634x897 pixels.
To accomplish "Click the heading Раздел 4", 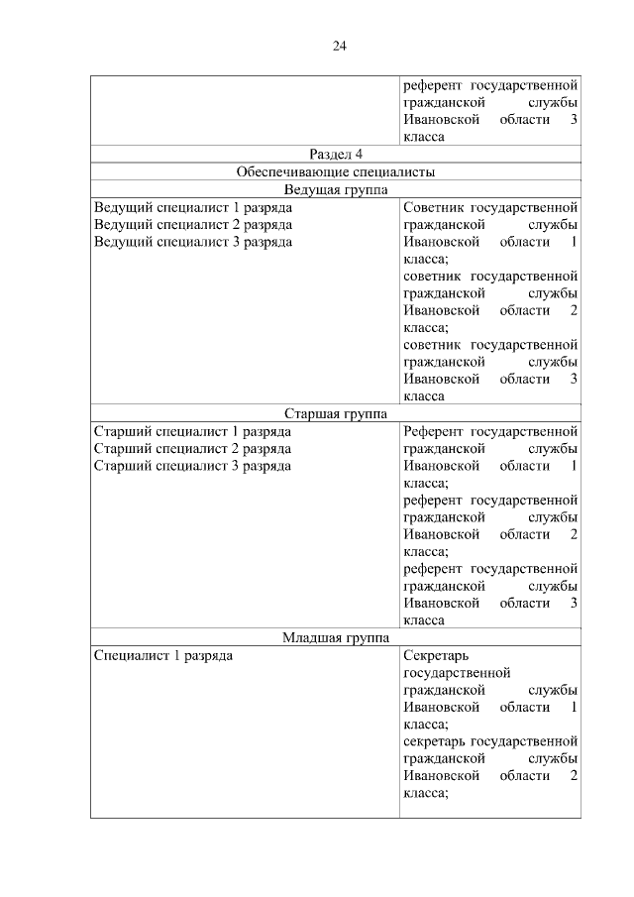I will click(336, 154).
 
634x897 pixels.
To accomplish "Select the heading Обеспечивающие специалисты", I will click(336, 171).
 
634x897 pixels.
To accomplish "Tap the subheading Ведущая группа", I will click(336, 189).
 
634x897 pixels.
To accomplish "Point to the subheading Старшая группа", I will click(336, 414).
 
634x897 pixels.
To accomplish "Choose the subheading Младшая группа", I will click(336, 637).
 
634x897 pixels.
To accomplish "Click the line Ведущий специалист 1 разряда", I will click(192, 208).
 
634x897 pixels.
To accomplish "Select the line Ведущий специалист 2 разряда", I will click(192, 225).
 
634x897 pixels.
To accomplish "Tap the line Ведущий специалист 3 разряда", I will click(192, 242).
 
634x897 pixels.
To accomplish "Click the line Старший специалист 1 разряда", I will click(192, 432).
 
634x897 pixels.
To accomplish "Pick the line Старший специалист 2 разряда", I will click(192, 449).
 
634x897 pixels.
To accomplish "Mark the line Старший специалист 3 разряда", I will click(192, 466).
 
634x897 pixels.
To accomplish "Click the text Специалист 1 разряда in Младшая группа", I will click(163, 656).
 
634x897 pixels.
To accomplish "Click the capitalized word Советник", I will click(432, 208).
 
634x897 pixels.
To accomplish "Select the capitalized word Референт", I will click(433, 432).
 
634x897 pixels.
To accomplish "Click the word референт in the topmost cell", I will click(432, 85).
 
